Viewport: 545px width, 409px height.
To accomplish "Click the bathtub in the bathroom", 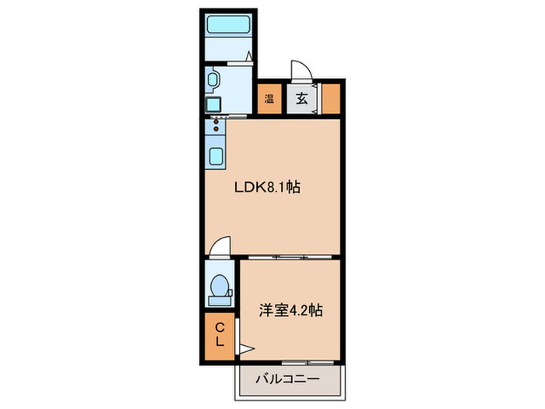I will pos(227,24).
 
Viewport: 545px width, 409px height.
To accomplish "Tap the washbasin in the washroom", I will pos(213,79).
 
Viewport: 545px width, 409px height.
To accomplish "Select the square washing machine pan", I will pos(213,104).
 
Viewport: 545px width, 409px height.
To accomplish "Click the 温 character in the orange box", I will pos(269,98).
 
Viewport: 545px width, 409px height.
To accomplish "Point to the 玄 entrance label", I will pos(301,98).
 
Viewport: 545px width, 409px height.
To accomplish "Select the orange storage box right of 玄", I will pos(330,98).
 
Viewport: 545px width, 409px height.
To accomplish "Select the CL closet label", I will pos(220,335).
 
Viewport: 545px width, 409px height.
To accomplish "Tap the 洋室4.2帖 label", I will pos(290,310).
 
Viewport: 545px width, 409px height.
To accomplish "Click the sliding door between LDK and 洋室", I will pos(288,256).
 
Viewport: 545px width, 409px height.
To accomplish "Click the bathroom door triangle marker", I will pos(248,56).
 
